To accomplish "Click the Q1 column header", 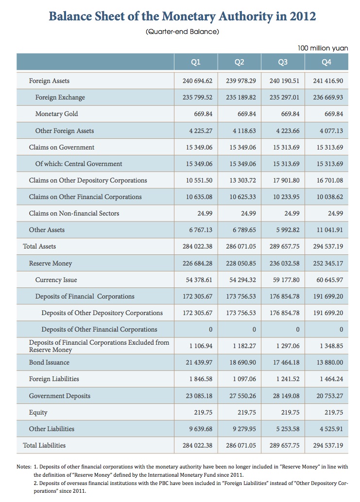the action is [196, 62].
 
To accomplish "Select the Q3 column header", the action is [283, 62].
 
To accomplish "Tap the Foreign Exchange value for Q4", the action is [328, 97].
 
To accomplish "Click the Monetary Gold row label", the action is [57, 114].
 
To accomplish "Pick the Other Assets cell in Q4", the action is [329, 230].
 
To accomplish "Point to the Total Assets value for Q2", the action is [241, 247].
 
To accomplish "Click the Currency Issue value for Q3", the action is [286, 280].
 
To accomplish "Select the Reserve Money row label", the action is [51, 264].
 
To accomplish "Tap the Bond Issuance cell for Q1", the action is [199, 362].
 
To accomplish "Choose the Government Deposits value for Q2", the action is [242, 396].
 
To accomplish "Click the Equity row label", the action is [38, 413].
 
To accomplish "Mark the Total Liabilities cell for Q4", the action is [328, 445].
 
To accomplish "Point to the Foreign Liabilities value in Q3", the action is [288, 379].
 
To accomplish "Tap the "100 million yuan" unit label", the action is [323, 48].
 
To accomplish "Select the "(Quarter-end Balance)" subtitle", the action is [182, 32].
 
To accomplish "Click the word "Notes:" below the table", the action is [24, 467].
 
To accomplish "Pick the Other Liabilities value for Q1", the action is [201, 429].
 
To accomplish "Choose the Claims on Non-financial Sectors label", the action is [74, 214].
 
